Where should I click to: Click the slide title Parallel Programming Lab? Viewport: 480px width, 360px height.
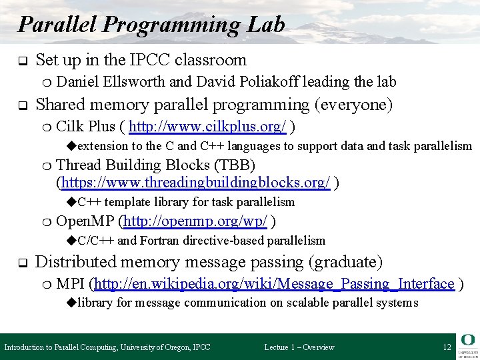(151, 25)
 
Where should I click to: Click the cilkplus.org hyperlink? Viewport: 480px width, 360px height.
(208, 127)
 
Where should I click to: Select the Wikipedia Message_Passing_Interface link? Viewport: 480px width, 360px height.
(275, 284)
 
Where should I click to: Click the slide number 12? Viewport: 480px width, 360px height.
(447, 347)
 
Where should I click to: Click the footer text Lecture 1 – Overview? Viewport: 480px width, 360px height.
(299, 347)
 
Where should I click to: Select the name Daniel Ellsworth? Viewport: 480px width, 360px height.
(111, 82)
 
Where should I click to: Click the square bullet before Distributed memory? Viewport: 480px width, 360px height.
(21, 263)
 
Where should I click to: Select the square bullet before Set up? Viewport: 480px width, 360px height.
(21, 61)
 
